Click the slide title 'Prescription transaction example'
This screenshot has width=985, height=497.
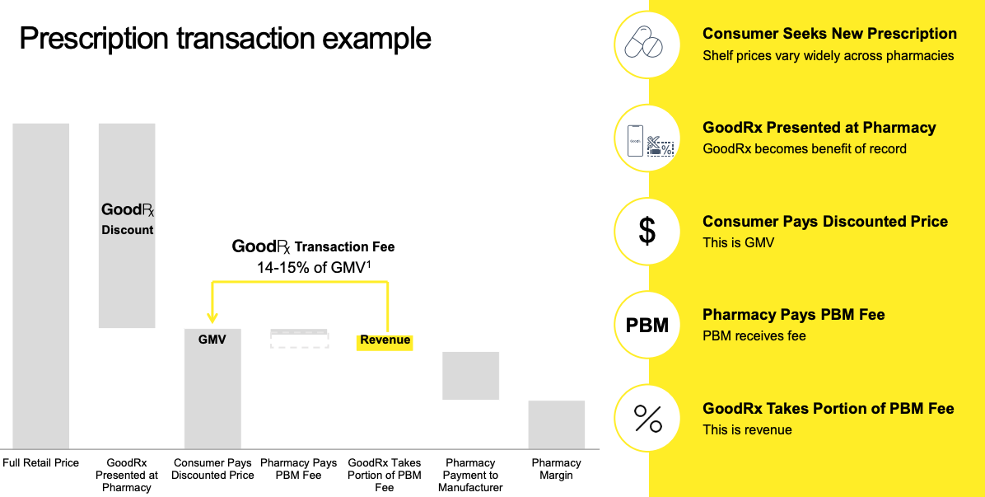coord(225,39)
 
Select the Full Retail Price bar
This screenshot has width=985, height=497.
coord(41,285)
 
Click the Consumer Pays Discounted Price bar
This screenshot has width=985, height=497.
coord(212,388)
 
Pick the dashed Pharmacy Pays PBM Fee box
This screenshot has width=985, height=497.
coord(299,339)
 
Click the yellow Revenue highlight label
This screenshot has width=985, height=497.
coord(385,340)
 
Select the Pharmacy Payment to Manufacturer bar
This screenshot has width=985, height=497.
coord(470,376)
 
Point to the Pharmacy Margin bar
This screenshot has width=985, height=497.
coord(556,424)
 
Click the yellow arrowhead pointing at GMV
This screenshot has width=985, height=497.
coord(212,317)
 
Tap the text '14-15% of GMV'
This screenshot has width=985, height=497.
coord(312,268)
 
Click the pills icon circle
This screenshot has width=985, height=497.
coord(647,45)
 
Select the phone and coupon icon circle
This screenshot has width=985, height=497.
coord(647,138)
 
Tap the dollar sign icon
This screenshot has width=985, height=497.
coord(647,232)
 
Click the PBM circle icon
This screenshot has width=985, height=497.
coord(647,325)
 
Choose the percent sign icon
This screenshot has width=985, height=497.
coord(647,419)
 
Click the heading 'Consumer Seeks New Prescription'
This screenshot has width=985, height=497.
coord(829,34)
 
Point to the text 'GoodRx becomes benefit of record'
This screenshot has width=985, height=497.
coord(804,149)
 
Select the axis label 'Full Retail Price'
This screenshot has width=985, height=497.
coord(41,463)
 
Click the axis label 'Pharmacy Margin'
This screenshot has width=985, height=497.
coord(556,469)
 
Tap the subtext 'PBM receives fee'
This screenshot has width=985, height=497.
coord(754,336)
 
